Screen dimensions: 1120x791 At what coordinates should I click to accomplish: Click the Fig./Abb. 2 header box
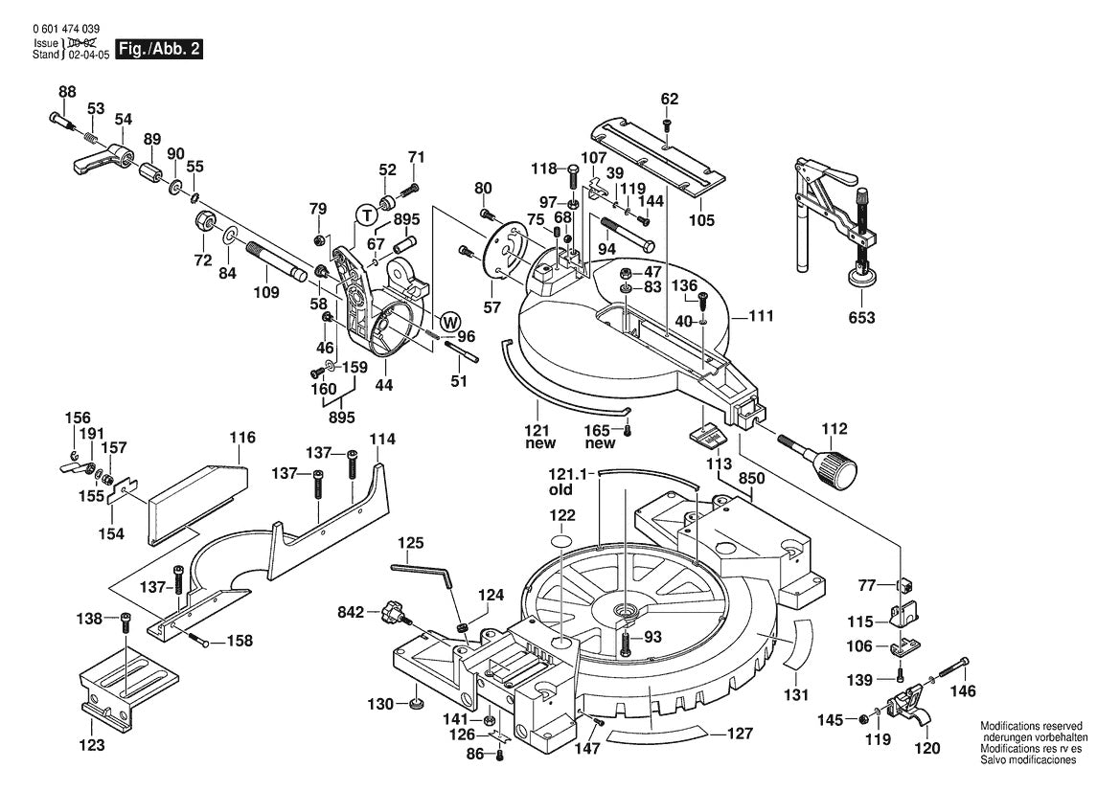(158, 49)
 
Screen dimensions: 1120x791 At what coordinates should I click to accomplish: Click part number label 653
(861, 318)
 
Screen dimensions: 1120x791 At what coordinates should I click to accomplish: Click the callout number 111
(761, 315)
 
